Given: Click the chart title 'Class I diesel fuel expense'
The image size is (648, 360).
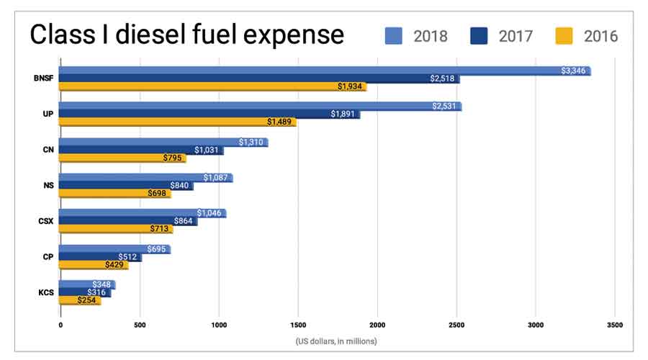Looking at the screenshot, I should click(186, 35).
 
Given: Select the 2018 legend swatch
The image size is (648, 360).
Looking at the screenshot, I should click(395, 35).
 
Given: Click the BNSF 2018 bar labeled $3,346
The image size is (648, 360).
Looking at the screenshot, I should click(324, 71).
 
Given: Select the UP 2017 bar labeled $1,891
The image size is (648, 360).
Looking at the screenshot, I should click(209, 114).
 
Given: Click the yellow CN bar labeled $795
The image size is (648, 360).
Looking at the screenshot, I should click(122, 158).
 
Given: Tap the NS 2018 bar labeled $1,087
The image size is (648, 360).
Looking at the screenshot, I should click(145, 177).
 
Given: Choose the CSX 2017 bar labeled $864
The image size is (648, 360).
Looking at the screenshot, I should click(127, 221).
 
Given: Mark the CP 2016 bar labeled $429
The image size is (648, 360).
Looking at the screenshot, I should click(93, 265).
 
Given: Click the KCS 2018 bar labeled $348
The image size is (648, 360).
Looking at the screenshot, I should click(86, 284).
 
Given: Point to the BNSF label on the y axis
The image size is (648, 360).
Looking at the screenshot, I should click(43, 78).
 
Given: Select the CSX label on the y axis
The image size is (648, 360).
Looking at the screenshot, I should click(45, 220).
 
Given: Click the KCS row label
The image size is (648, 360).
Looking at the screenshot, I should click(45, 292).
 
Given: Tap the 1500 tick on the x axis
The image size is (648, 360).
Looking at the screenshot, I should click(297, 325).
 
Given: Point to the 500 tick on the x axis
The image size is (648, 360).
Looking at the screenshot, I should click(139, 325).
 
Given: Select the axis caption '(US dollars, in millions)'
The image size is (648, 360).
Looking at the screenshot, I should click(336, 341).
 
